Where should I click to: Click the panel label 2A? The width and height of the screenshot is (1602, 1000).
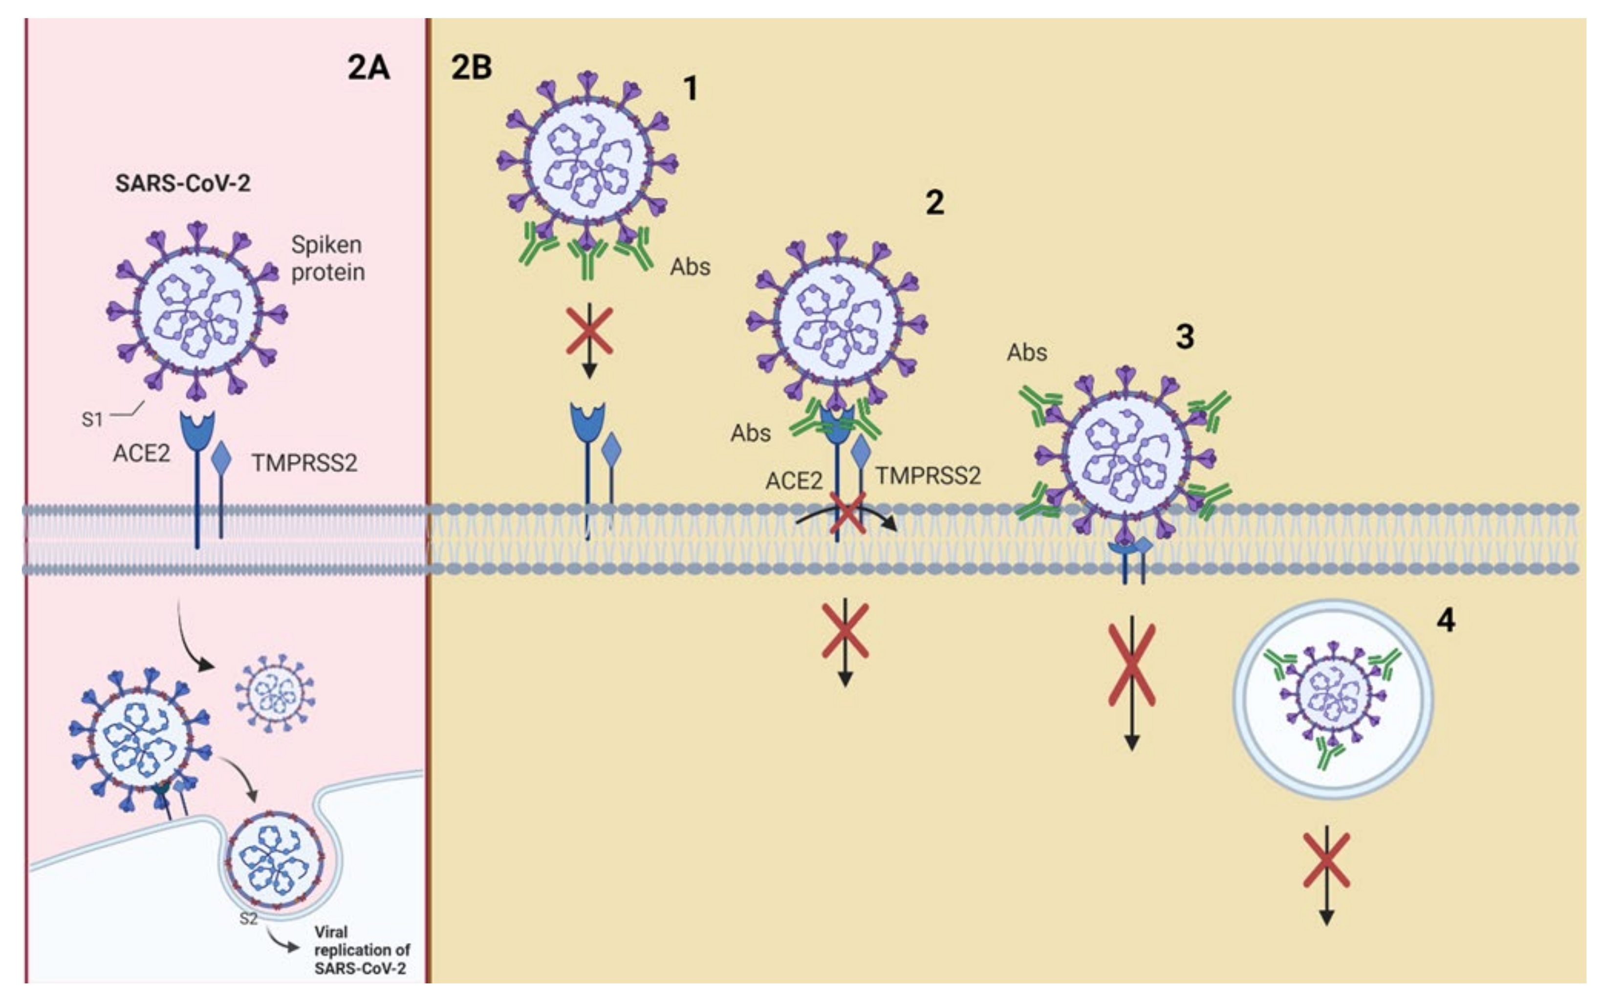point(368,67)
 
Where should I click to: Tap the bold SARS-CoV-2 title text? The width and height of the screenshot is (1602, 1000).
point(183,183)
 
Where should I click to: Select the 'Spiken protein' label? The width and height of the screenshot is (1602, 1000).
point(327,259)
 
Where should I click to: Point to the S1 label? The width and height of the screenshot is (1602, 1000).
point(92,419)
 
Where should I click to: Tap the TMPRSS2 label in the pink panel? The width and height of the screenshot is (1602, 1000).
point(304,463)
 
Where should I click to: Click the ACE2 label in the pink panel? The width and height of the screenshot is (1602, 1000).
point(142,454)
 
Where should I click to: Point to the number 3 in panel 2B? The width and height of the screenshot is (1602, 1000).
point(1184,337)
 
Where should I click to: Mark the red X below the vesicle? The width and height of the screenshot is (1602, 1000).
point(1326,860)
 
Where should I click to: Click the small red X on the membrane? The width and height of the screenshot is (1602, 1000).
point(847,513)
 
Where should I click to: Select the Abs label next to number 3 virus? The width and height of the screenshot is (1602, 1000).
point(1026,352)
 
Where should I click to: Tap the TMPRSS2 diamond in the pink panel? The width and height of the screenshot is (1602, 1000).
point(221,456)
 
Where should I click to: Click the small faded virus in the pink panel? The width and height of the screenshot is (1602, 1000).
point(275,694)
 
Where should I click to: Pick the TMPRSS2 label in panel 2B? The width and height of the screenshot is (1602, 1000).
point(928,476)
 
